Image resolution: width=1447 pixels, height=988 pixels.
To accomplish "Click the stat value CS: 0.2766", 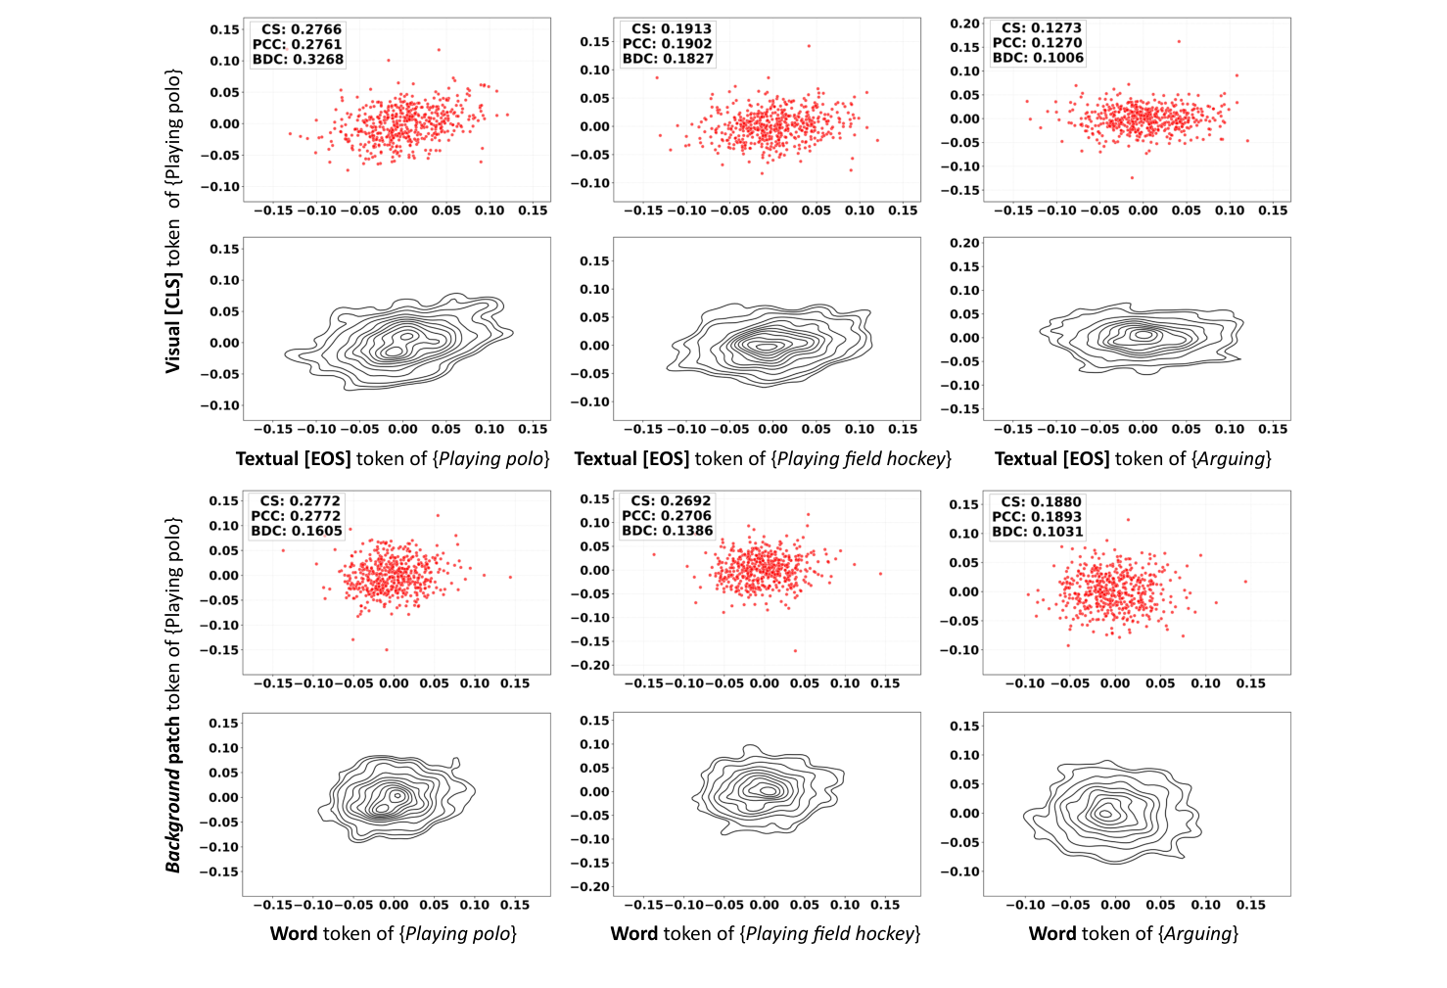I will pyautogui.click(x=301, y=29).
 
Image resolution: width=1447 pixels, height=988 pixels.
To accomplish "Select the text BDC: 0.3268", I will pyautogui.click(x=298, y=59).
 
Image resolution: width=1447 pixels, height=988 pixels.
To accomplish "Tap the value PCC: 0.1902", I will pyautogui.click(x=668, y=43).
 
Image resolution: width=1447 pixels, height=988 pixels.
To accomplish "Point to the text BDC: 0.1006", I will pyautogui.click(x=1038, y=58).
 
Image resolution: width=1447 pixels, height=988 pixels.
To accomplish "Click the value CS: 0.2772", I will pyautogui.click(x=299, y=500).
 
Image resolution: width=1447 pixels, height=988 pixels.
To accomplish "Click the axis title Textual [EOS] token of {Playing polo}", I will pyautogui.click(x=393, y=458).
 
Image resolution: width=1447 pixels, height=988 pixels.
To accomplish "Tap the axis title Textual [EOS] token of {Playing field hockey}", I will pyautogui.click(x=763, y=458).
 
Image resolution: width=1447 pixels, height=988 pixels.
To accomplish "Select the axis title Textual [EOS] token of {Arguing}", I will pyautogui.click(x=1133, y=458).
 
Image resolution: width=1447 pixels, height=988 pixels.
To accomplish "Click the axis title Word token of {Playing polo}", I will pyautogui.click(x=393, y=933).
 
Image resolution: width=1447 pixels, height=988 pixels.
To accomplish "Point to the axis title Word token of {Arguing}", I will pyautogui.click(x=1133, y=933).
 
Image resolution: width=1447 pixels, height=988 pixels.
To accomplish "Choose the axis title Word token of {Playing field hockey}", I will pyautogui.click(x=765, y=933).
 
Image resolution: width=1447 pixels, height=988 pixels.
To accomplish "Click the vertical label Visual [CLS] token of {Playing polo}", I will pyautogui.click(x=173, y=220).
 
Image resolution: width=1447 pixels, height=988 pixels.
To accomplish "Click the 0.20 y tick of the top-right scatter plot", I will pyautogui.click(x=964, y=24).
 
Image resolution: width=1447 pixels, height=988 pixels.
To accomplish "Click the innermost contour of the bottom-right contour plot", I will pyautogui.click(x=1105, y=813).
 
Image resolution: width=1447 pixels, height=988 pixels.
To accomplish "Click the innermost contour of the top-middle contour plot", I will pyautogui.click(x=767, y=345).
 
